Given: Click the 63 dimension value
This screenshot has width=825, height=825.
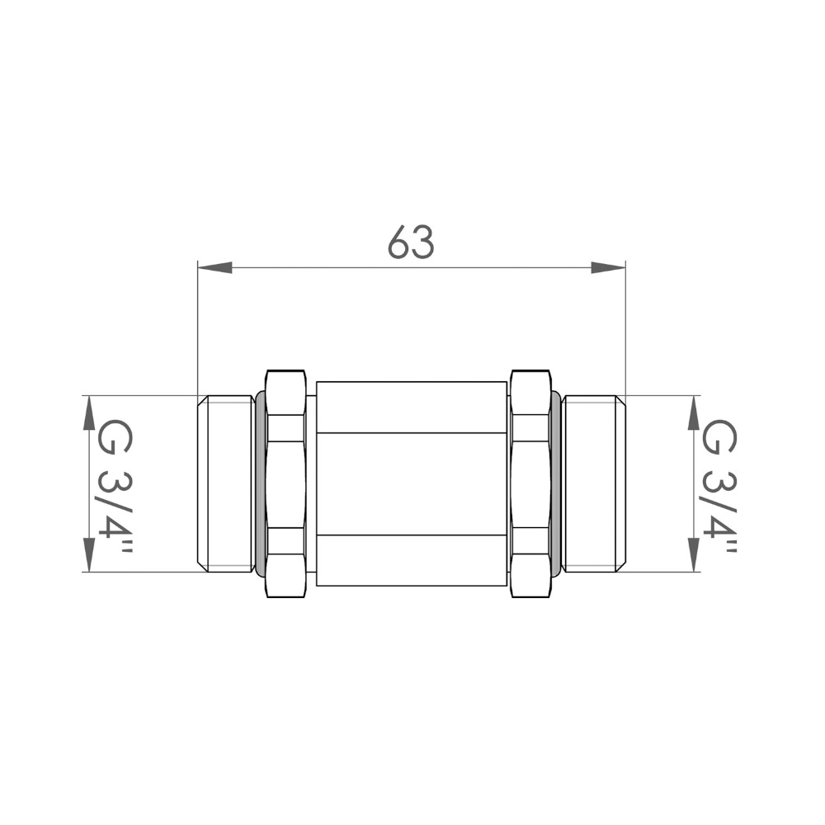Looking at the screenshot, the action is coord(411,243).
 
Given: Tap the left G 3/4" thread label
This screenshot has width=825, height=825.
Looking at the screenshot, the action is coord(115,486).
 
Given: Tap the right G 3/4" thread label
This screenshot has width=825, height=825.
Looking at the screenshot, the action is coord(719,486).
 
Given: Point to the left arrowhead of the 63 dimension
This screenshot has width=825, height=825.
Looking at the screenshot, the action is coord(214,267).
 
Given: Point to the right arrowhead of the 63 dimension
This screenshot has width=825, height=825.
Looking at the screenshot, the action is coord(608,267).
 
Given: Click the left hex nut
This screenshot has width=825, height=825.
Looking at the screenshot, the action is coord(286,483).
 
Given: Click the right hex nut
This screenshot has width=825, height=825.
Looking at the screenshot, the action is coord(530,483).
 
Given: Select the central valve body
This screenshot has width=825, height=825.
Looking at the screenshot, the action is coord(412,483).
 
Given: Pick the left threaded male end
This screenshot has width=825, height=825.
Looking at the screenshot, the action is coord(225,483).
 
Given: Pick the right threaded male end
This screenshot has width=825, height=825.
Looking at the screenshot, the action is coord(593,483).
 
